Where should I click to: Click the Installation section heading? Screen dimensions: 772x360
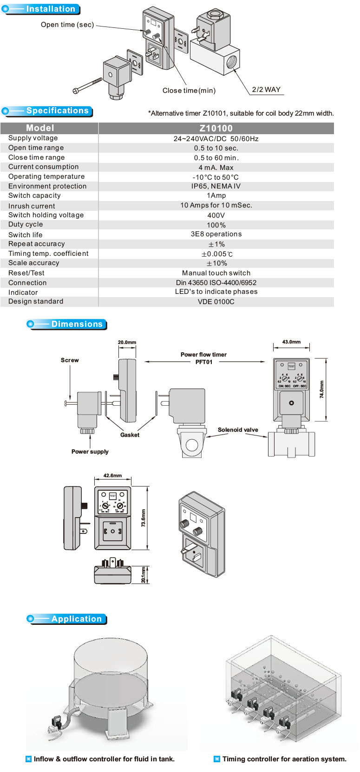coord(50,9)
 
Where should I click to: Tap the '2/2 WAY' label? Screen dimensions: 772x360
coord(266,90)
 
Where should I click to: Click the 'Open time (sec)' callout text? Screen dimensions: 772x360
coord(67,25)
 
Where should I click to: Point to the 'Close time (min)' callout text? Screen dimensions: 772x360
coord(189,91)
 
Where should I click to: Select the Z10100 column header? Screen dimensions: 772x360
coord(216,129)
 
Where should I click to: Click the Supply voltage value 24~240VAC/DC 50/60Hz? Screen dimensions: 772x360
coord(216,139)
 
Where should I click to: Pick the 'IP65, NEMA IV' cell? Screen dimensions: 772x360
coord(216,186)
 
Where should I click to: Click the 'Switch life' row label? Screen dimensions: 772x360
coord(26,235)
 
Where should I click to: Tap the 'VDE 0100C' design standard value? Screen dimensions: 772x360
coord(216,302)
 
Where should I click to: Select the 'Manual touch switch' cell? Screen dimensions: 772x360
coord(216,273)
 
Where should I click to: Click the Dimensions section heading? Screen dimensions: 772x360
coord(77,324)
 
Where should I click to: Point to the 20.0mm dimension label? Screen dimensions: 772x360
coord(127,343)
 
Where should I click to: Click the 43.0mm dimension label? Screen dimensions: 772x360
coord(291,342)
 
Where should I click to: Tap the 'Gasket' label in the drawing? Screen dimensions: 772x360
coord(130,435)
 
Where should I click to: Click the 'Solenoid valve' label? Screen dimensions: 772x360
coord(238,430)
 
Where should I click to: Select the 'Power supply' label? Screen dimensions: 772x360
coord(90,452)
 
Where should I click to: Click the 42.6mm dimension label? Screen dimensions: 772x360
coord(112,476)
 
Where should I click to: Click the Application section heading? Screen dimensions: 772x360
coord(76,619)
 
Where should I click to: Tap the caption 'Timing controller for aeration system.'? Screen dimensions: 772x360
coord(284,759)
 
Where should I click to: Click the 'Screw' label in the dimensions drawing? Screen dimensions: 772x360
coord(70,360)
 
